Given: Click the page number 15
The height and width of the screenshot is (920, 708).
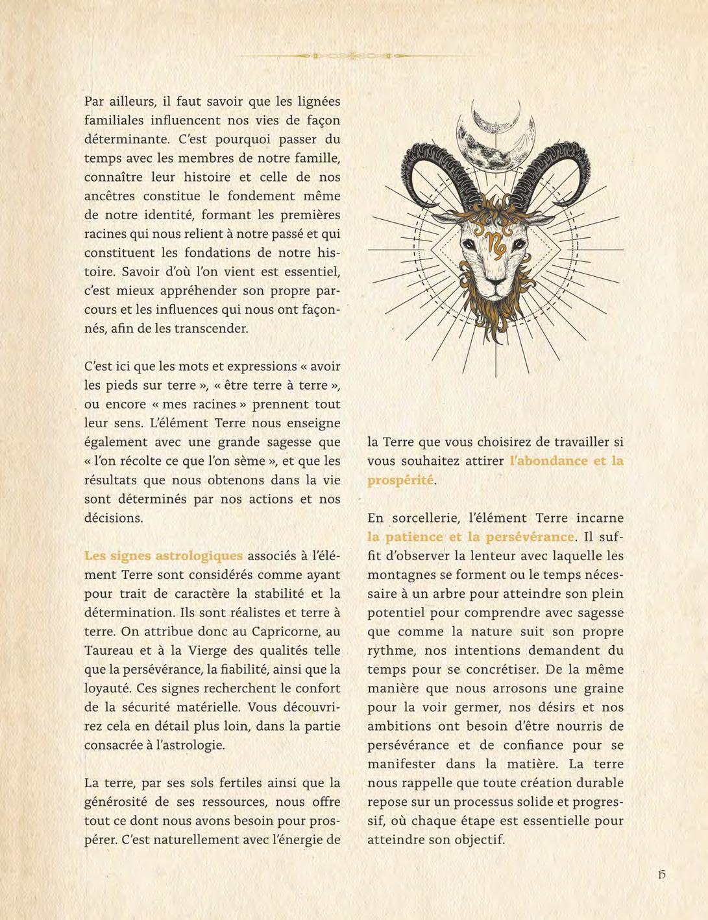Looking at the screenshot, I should [661, 875].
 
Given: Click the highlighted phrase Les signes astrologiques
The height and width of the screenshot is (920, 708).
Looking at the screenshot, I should [164, 556].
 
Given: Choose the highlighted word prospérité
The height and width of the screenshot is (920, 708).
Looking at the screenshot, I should [400, 480].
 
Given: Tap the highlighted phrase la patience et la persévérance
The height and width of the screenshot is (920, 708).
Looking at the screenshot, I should [470, 537].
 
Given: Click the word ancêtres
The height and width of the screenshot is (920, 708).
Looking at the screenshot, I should [112, 195].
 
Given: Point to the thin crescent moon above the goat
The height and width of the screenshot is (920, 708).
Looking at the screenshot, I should [496, 115].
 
